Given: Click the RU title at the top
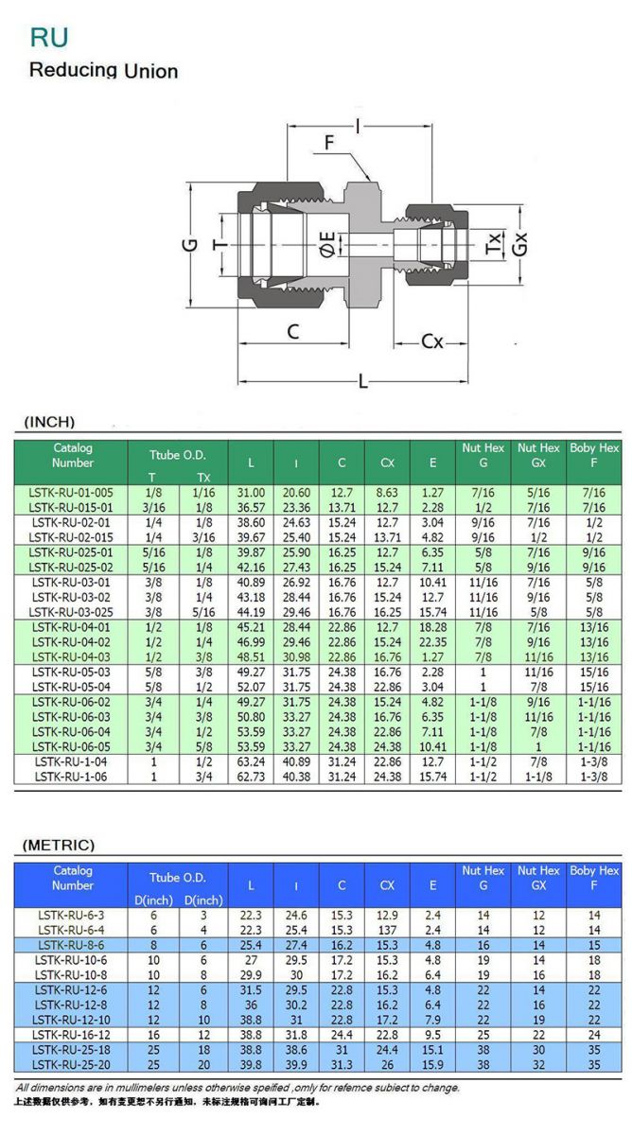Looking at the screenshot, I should (48, 38).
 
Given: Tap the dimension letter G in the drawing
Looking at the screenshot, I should (190, 244).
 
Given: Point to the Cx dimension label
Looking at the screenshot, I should (431, 340).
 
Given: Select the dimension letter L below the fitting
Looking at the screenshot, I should (363, 382).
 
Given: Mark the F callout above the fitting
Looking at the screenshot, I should (329, 143).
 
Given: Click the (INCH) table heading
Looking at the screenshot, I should (48, 422).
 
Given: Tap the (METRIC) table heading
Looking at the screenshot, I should (59, 845).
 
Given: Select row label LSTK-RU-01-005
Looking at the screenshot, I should (71, 493).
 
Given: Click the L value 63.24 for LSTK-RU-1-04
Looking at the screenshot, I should (251, 761).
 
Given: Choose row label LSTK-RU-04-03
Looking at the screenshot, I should (71, 657).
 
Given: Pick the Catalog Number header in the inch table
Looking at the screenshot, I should (73, 455).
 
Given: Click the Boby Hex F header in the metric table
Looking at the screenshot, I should (593, 878).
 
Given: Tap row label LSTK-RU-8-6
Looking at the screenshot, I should (71, 945).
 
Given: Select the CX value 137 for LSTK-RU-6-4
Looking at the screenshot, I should (387, 931).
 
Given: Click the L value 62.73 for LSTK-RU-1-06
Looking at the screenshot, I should (251, 777).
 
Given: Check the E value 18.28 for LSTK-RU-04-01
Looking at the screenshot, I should (432, 627).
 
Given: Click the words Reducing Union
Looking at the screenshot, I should (103, 70).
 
